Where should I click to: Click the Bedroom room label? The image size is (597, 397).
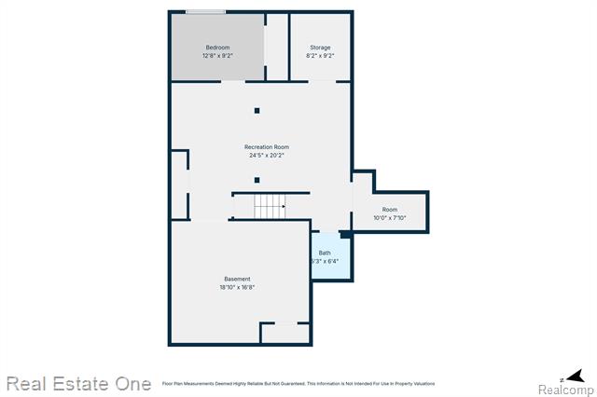tap(217, 48)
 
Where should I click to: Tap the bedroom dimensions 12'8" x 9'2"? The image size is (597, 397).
tap(217, 56)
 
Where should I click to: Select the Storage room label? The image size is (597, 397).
tap(320, 48)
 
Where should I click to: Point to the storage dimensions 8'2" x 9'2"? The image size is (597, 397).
tap(320, 56)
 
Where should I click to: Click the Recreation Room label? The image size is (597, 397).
tap(267, 147)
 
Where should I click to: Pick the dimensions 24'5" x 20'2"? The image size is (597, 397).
tap(267, 156)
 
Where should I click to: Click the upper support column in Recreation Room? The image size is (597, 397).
tap(257, 111)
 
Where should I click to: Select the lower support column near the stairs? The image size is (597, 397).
tap(257, 180)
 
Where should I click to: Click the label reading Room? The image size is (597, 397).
tap(389, 210)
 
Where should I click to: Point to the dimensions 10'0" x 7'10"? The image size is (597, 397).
tap(389, 218)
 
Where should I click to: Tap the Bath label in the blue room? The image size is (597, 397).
tap(325, 253)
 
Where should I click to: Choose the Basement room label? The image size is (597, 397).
tap(237, 279)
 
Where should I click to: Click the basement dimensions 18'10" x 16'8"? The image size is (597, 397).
tap(237, 287)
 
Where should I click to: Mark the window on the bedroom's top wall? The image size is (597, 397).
tap(204, 12)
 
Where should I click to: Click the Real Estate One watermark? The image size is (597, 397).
tap(78, 383)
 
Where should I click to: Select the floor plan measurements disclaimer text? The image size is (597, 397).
tap(298, 383)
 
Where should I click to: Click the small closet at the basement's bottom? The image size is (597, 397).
tap(285, 334)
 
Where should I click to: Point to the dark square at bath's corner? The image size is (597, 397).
tap(345, 235)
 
